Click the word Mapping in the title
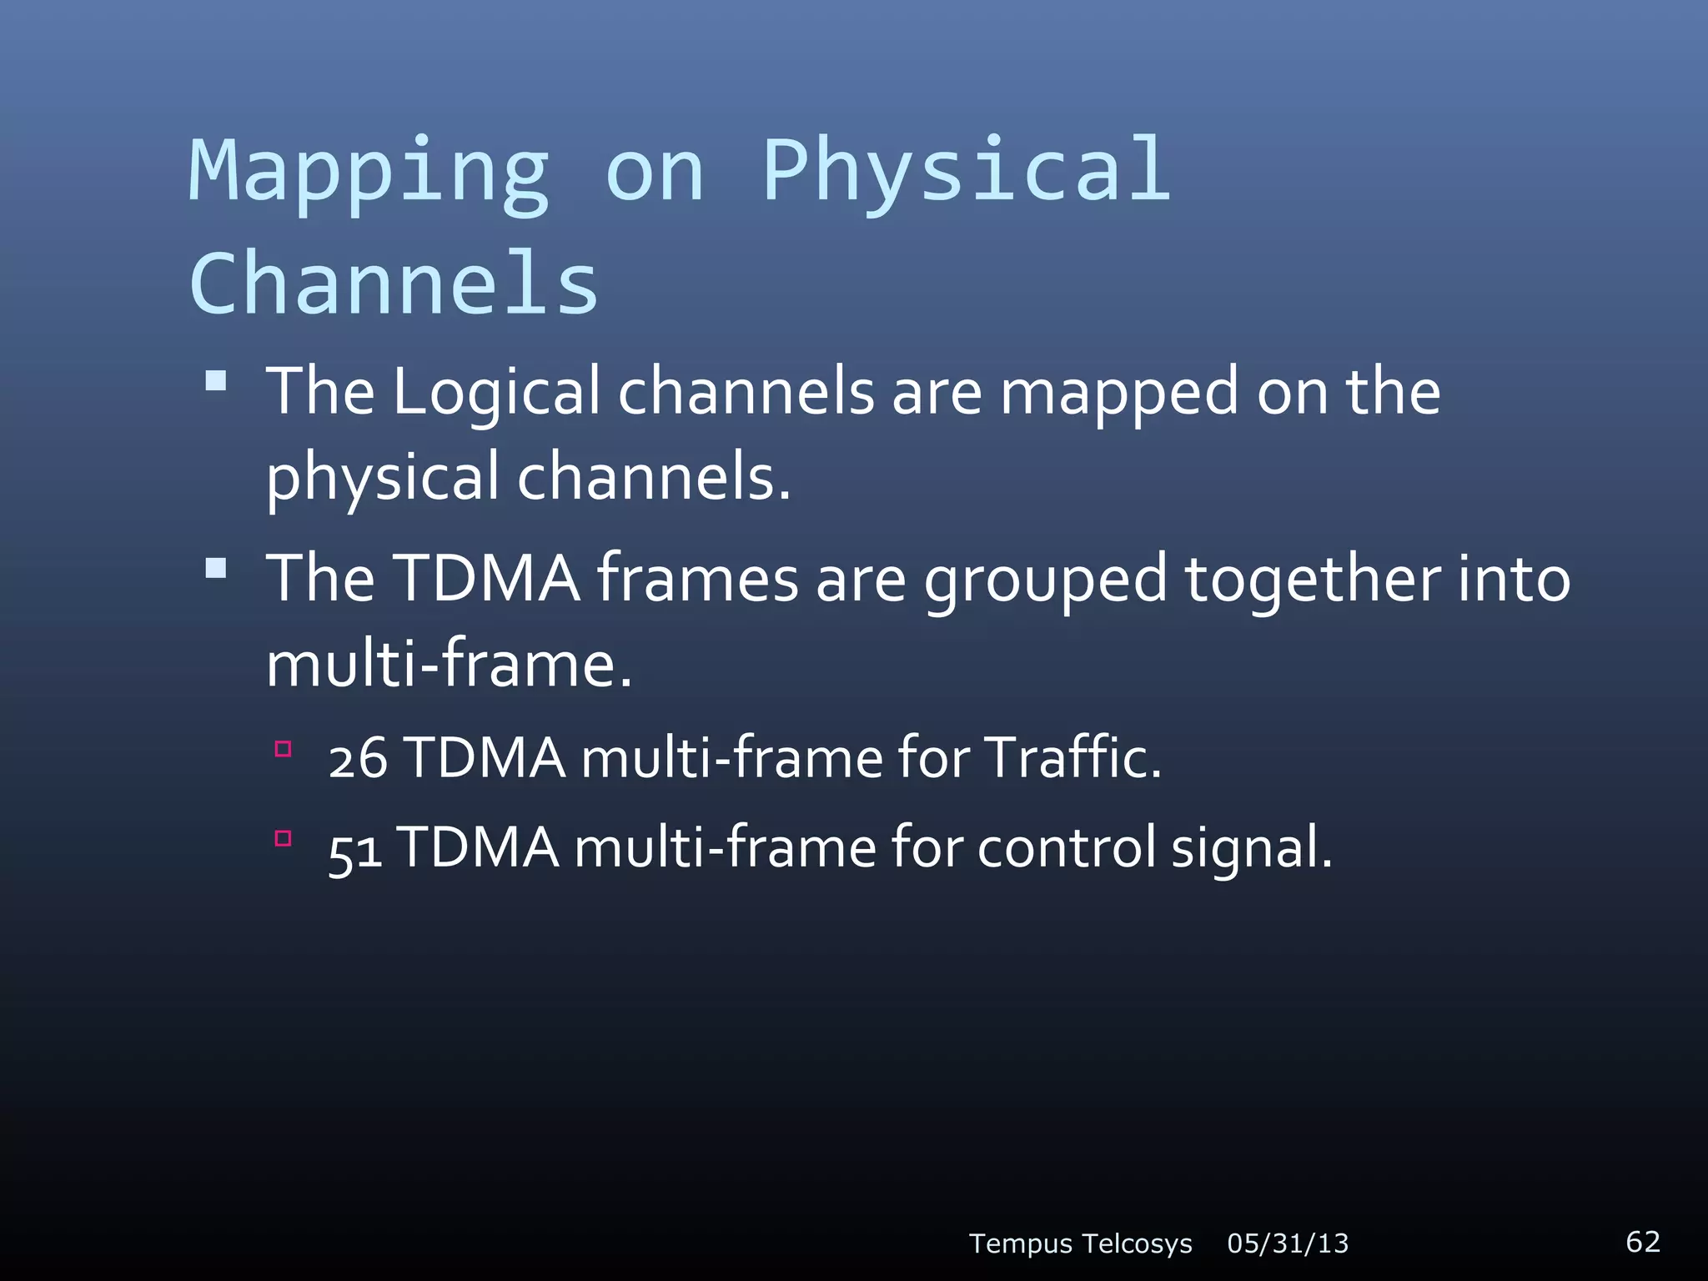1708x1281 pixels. (x=369, y=173)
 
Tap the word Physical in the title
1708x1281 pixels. (x=967, y=173)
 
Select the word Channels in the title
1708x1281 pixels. (x=394, y=284)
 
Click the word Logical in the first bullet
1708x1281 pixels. (x=495, y=393)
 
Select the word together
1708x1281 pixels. (x=1313, y=580)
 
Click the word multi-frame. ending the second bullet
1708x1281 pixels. (x=449, y=665)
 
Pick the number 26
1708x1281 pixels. (x=358, y=759)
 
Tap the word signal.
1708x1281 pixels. (x=1251, y=848)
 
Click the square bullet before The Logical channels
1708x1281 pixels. (x=216, y=381)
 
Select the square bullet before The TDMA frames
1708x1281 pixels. (x=216, y=569)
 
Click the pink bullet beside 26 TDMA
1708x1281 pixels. (x=283, y=748)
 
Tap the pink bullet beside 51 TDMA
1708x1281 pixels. (x=283, y=838)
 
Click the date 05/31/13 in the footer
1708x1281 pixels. (x=1288, y=1243)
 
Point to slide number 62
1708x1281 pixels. (x=1642, y=1241)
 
